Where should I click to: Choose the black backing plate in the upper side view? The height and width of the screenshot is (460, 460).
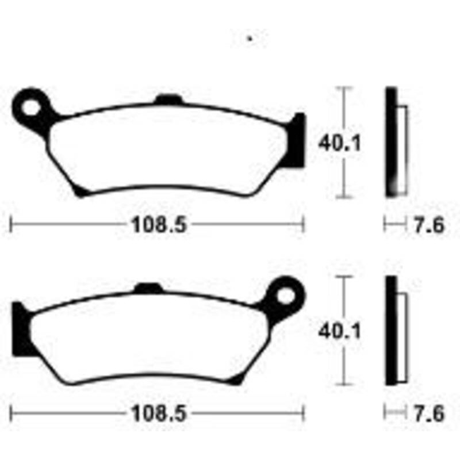click(x=391, y=141)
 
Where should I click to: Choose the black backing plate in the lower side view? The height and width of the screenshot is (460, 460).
click(x=391, y=331)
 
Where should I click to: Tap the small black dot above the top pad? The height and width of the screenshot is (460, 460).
click(x=250, y=39)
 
